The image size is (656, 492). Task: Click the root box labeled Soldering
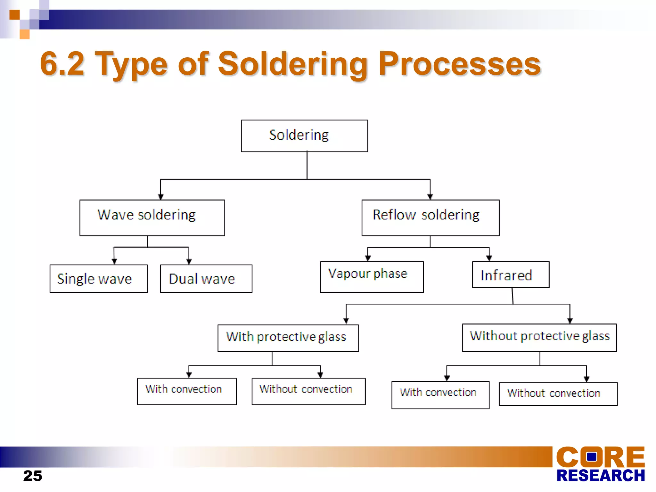pos(304,136)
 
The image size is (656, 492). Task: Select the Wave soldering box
pos(152,218)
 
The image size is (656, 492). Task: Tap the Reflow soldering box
pos(430,218)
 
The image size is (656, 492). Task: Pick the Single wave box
pos(98,278)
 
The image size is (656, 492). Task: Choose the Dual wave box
pos(206,278)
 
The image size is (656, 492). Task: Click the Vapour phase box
pos(372,277)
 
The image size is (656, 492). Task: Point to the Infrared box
pos(511,275)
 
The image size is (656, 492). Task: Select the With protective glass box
pos(288,338)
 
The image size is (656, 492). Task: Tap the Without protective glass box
pos(539,337)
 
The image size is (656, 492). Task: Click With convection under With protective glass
pos(187,391)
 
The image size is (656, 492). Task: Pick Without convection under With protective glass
pos(308,391)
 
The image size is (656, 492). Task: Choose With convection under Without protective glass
pos(440,395)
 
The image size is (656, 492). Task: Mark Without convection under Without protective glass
pos(558,394)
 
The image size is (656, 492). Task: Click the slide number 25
pos(33,476)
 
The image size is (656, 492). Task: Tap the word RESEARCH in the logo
pos(601,475)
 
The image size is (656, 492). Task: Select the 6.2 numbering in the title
pos(62,64)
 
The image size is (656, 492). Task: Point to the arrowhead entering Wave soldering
pos(161,197)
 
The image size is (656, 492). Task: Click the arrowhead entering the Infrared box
pos(489,258)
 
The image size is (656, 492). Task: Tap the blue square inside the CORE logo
pos(591,456)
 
